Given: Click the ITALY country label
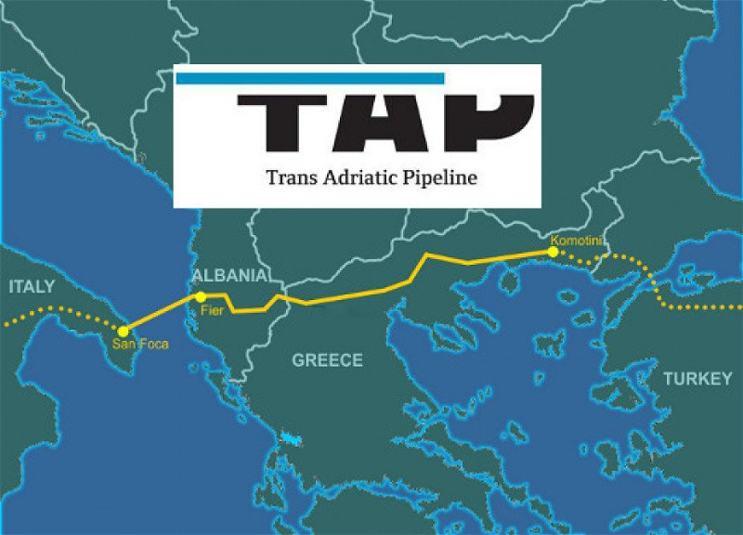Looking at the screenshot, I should click(x=33, y=286).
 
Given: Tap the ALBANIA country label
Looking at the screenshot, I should click(x=230, y=277).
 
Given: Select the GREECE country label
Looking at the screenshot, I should click(x=327, y=360).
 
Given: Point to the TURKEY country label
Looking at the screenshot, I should click(x=697, y=379).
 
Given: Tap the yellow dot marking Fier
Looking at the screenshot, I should click(x=201, y=296).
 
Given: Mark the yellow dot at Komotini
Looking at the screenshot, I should click(x=553, y=251).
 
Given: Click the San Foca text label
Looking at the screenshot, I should click(x=134, y=344).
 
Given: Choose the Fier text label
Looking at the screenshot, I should click(x=213, y=311).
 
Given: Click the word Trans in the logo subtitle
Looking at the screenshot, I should click(x=290, y=176).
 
